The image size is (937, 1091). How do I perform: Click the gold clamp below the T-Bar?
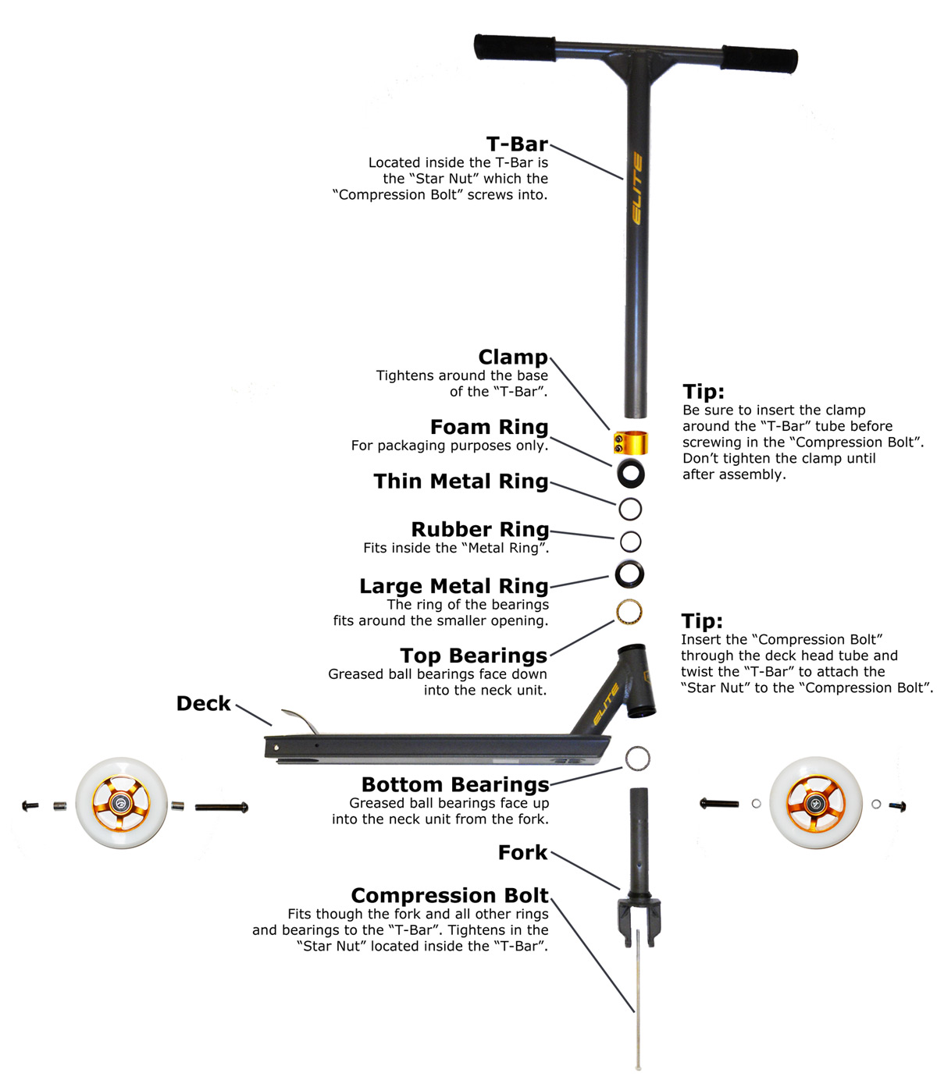(630, 443)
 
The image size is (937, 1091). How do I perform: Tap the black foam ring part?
(630, 473)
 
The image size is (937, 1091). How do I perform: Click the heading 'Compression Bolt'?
(450, 895)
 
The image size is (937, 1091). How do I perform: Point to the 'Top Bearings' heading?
(473, 656)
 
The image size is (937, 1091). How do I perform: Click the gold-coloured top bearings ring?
(629, 611)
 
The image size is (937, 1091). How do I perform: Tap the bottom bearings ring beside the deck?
(637, 757)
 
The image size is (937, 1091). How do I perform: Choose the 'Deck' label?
(204, 703)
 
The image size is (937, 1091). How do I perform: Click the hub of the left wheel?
(121, 803)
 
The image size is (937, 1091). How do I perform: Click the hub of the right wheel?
(815, 802)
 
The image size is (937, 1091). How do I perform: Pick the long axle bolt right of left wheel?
(222, 807)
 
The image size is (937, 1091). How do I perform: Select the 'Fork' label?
(523, 852)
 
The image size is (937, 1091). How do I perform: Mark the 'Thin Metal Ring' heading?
(461, 482)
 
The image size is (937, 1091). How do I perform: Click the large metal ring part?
(629, 574)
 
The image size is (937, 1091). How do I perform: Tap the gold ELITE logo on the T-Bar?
(637, 188)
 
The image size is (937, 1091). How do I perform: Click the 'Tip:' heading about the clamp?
(704, 391)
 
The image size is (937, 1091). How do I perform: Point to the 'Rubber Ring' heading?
(479, 529)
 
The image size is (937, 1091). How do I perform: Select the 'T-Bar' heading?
(517, 144)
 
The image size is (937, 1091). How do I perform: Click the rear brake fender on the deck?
(301, 720)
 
